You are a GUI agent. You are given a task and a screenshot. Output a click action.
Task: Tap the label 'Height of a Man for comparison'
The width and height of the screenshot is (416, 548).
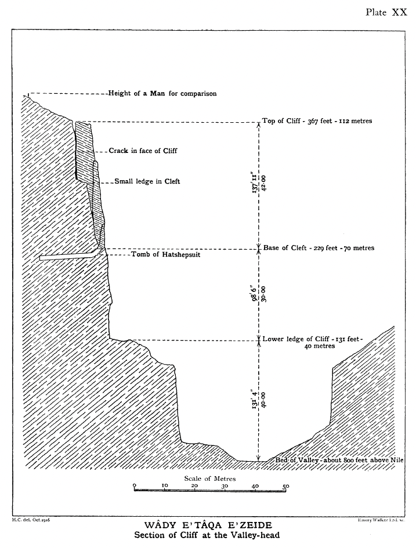pyautogui.click(x=162, y=93)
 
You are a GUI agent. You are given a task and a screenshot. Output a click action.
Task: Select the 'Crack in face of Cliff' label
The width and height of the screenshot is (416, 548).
pyautogui.click(x=143, y=151)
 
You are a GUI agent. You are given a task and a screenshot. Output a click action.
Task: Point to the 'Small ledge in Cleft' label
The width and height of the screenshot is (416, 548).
pyautogui.click(x=147, y=181)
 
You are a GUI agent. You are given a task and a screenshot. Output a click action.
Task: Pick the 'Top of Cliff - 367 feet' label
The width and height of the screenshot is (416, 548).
pyautogui.click(x=317, y=122)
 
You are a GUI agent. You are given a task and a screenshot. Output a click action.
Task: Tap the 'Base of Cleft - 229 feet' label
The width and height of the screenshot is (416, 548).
pyautogui.click(x=319, y=248)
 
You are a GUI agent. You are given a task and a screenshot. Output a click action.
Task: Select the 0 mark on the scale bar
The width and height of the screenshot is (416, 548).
pyautogui.click(x=134, y=485)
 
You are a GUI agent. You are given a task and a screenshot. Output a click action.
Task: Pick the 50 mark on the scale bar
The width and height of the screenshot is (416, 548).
pyautogui.click(x=285, y=485)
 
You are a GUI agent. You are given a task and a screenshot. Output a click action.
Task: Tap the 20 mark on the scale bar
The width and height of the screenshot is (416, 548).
pyautogui.click(x=194, y=485)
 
